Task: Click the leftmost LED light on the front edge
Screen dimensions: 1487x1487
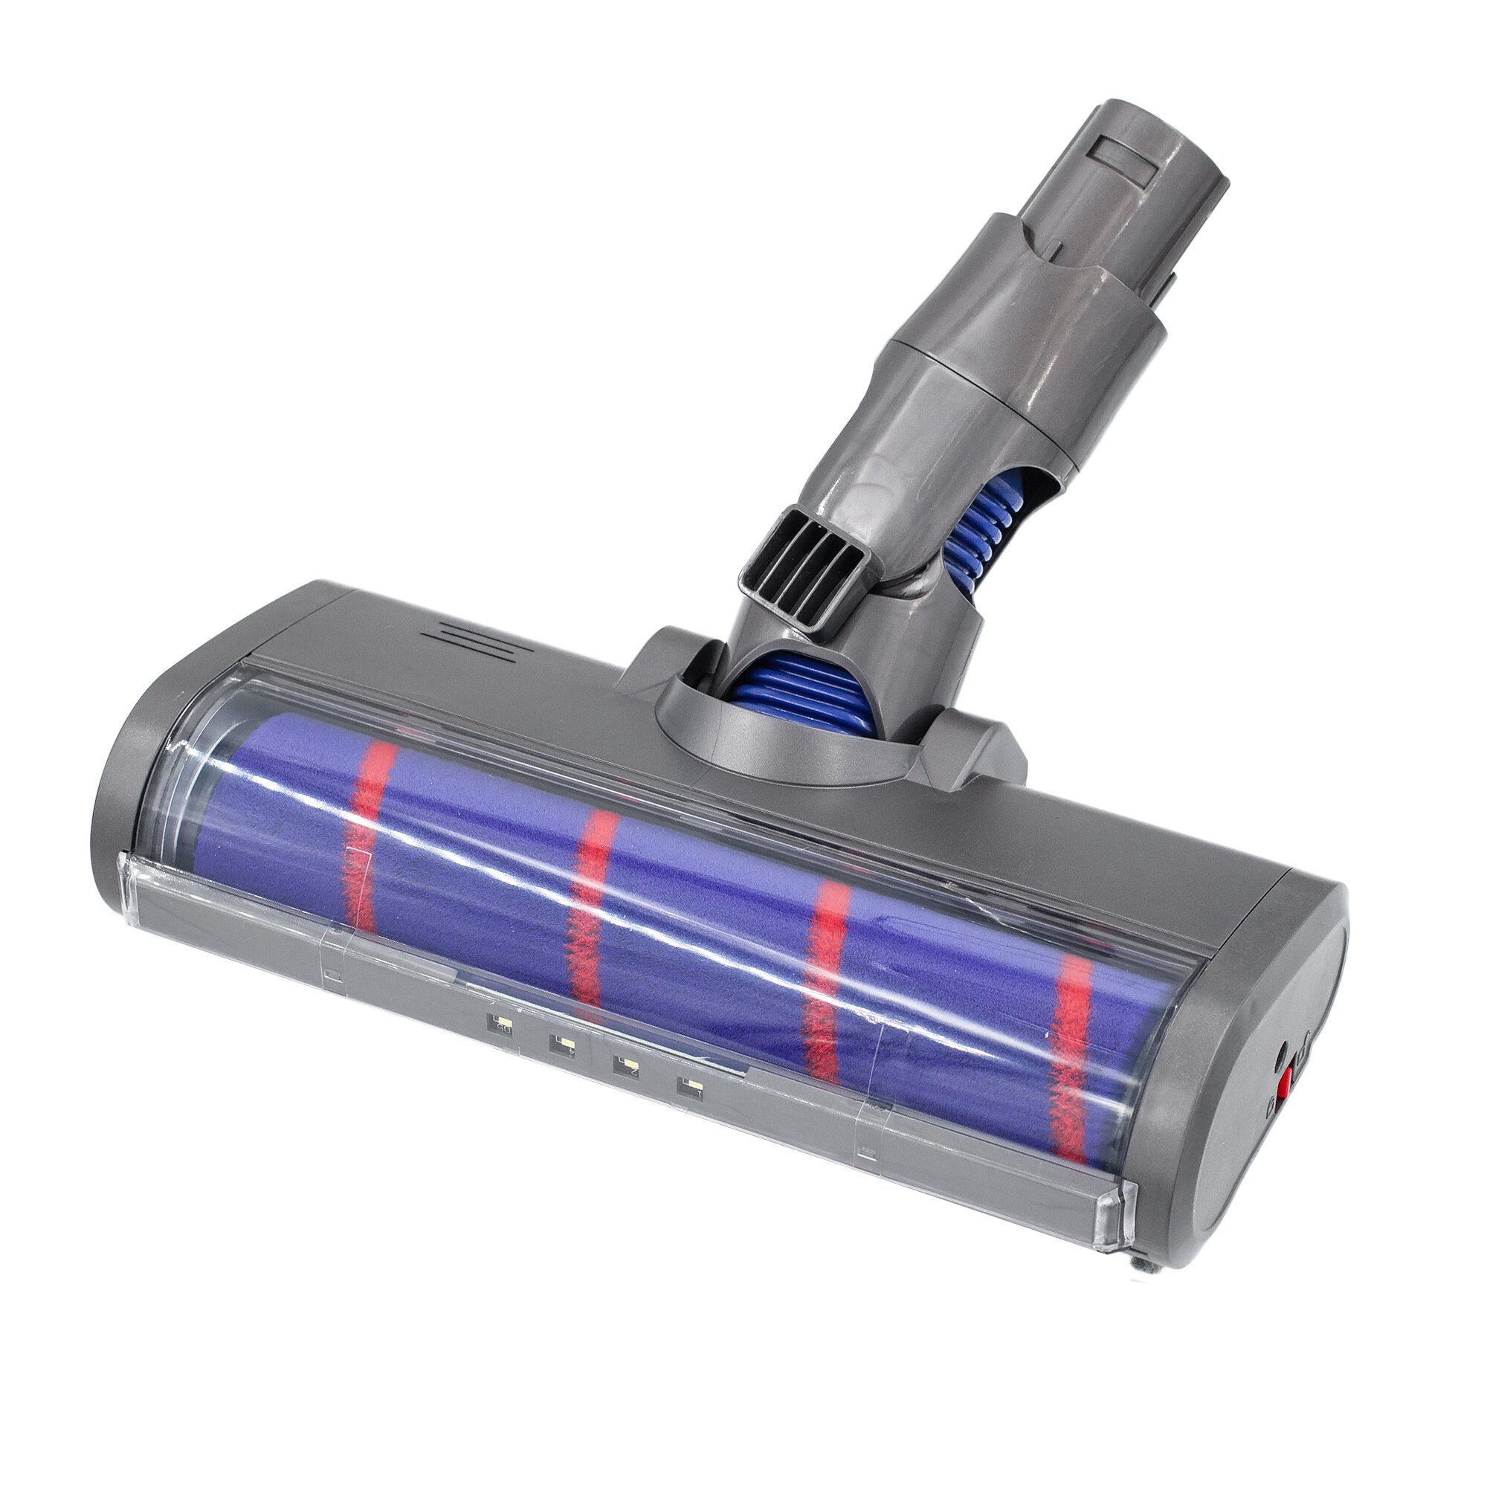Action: (x=501, y=1025)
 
